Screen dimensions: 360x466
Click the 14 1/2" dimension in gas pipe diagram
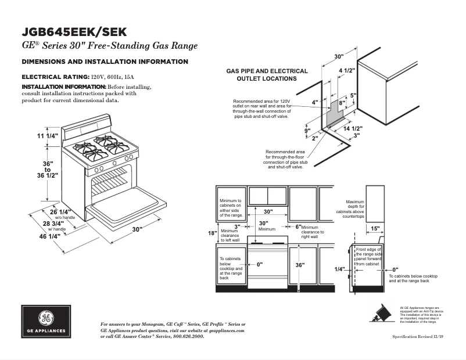(x=353, y=128)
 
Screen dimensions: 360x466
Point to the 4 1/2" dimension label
(x=346, y=71)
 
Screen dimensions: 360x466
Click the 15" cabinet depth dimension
(x=375, y=229)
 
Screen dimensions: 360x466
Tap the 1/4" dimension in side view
(x=340, y=269)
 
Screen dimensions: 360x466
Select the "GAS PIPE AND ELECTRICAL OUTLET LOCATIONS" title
(x=267, y=75)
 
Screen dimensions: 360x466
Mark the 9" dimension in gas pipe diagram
(x=307, y=130)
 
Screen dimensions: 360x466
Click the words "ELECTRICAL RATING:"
(x=55, y=77)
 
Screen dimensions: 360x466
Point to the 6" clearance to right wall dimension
(x=297, y=226)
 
